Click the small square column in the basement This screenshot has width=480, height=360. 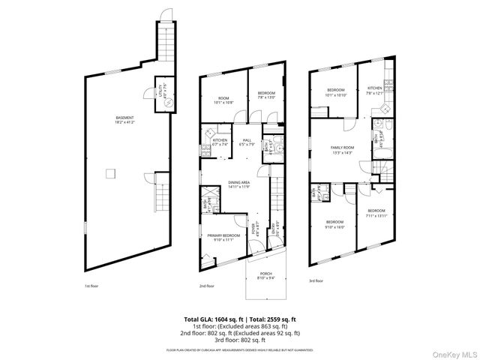pos(111,174)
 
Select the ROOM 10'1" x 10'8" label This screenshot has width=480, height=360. pos(223,100)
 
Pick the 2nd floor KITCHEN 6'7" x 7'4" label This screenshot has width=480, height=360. pos(220,142)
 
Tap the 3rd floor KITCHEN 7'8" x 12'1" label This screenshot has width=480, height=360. pos(374,91)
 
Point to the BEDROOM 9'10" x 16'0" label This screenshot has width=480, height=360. pos(334,223)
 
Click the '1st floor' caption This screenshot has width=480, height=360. pos(91,286)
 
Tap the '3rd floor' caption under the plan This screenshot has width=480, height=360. pos(316,281)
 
